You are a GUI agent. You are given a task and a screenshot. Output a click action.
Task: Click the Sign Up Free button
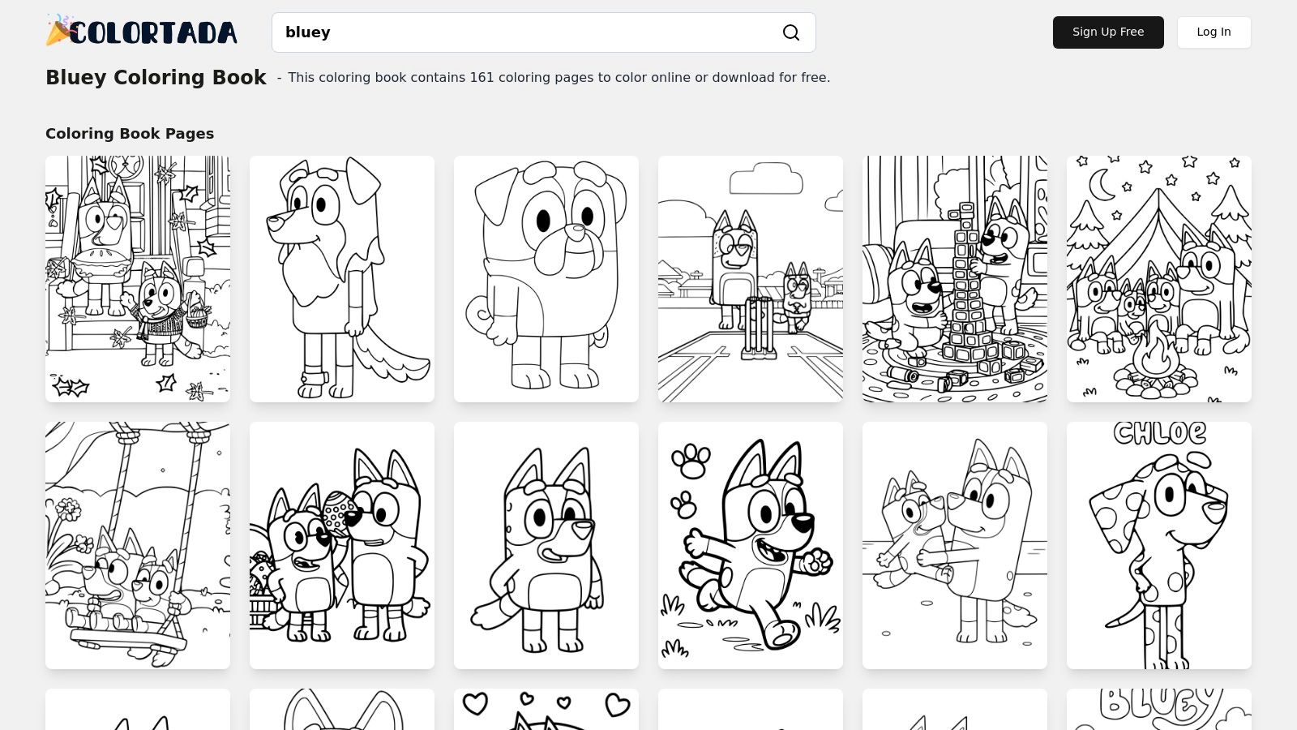[x=1107, y=32]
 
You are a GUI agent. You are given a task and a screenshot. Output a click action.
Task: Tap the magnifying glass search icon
[x=790, y=32]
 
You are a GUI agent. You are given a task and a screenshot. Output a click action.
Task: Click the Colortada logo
[x=142, y=32]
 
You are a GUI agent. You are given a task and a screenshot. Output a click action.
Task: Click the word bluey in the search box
[x=308, y=32]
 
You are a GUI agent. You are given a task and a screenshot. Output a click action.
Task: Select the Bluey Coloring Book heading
[x=156, y=77]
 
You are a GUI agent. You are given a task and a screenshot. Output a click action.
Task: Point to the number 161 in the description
[x=482, y=78]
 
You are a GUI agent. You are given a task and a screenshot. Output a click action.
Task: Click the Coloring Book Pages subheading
[x=130, y=134]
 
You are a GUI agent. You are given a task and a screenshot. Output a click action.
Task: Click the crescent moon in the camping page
[x=1102, y=185]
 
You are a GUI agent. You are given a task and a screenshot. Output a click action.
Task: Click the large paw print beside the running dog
[x=691, y=461]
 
